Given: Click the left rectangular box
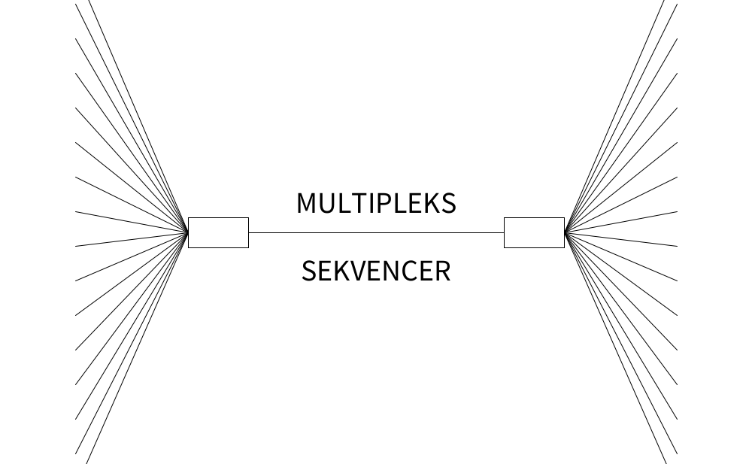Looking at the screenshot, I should click(218, 232).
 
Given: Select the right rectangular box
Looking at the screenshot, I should click(534, 232).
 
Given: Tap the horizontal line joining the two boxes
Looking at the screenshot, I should click(376, 232).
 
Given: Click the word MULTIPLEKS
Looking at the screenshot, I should click(376, 203).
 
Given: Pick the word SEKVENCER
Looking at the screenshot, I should click(376, 271).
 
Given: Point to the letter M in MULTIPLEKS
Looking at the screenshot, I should click(308, 203).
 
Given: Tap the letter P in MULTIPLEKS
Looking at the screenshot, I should click(387, 203).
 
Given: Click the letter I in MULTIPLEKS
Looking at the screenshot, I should click(374, 203).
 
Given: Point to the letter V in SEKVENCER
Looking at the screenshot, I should click(353, 271).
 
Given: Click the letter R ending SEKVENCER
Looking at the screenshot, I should click(442, 271).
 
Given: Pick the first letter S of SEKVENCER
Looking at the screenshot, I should click(309, 271).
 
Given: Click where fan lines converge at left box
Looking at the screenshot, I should click(187, 232).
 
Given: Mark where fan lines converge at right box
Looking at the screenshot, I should click(565, 232).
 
